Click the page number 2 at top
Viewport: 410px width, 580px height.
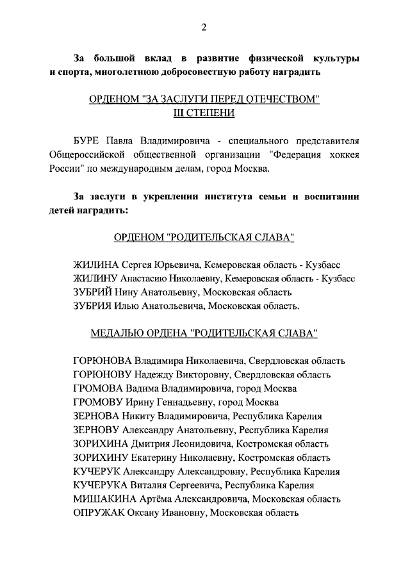click(x=204, y=26)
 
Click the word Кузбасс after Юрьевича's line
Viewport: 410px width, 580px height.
click(x=325, y=265)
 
